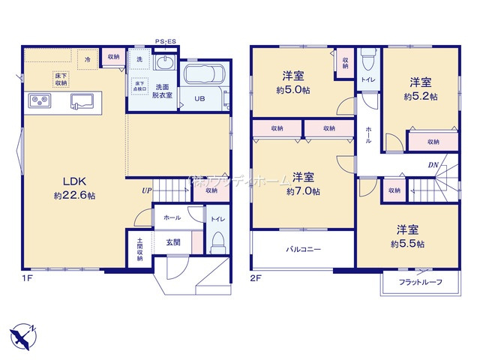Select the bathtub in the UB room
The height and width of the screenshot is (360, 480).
pos(201,78)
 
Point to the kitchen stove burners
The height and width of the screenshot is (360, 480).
pos(38,101)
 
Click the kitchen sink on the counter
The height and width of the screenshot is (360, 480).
pos(82,101)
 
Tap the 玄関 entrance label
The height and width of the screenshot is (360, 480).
pos(173,242)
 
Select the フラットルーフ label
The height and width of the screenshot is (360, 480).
pos(419,282)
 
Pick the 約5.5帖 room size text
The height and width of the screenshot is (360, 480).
pos(408,244)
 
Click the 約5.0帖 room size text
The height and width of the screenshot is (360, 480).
pos(293,90)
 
